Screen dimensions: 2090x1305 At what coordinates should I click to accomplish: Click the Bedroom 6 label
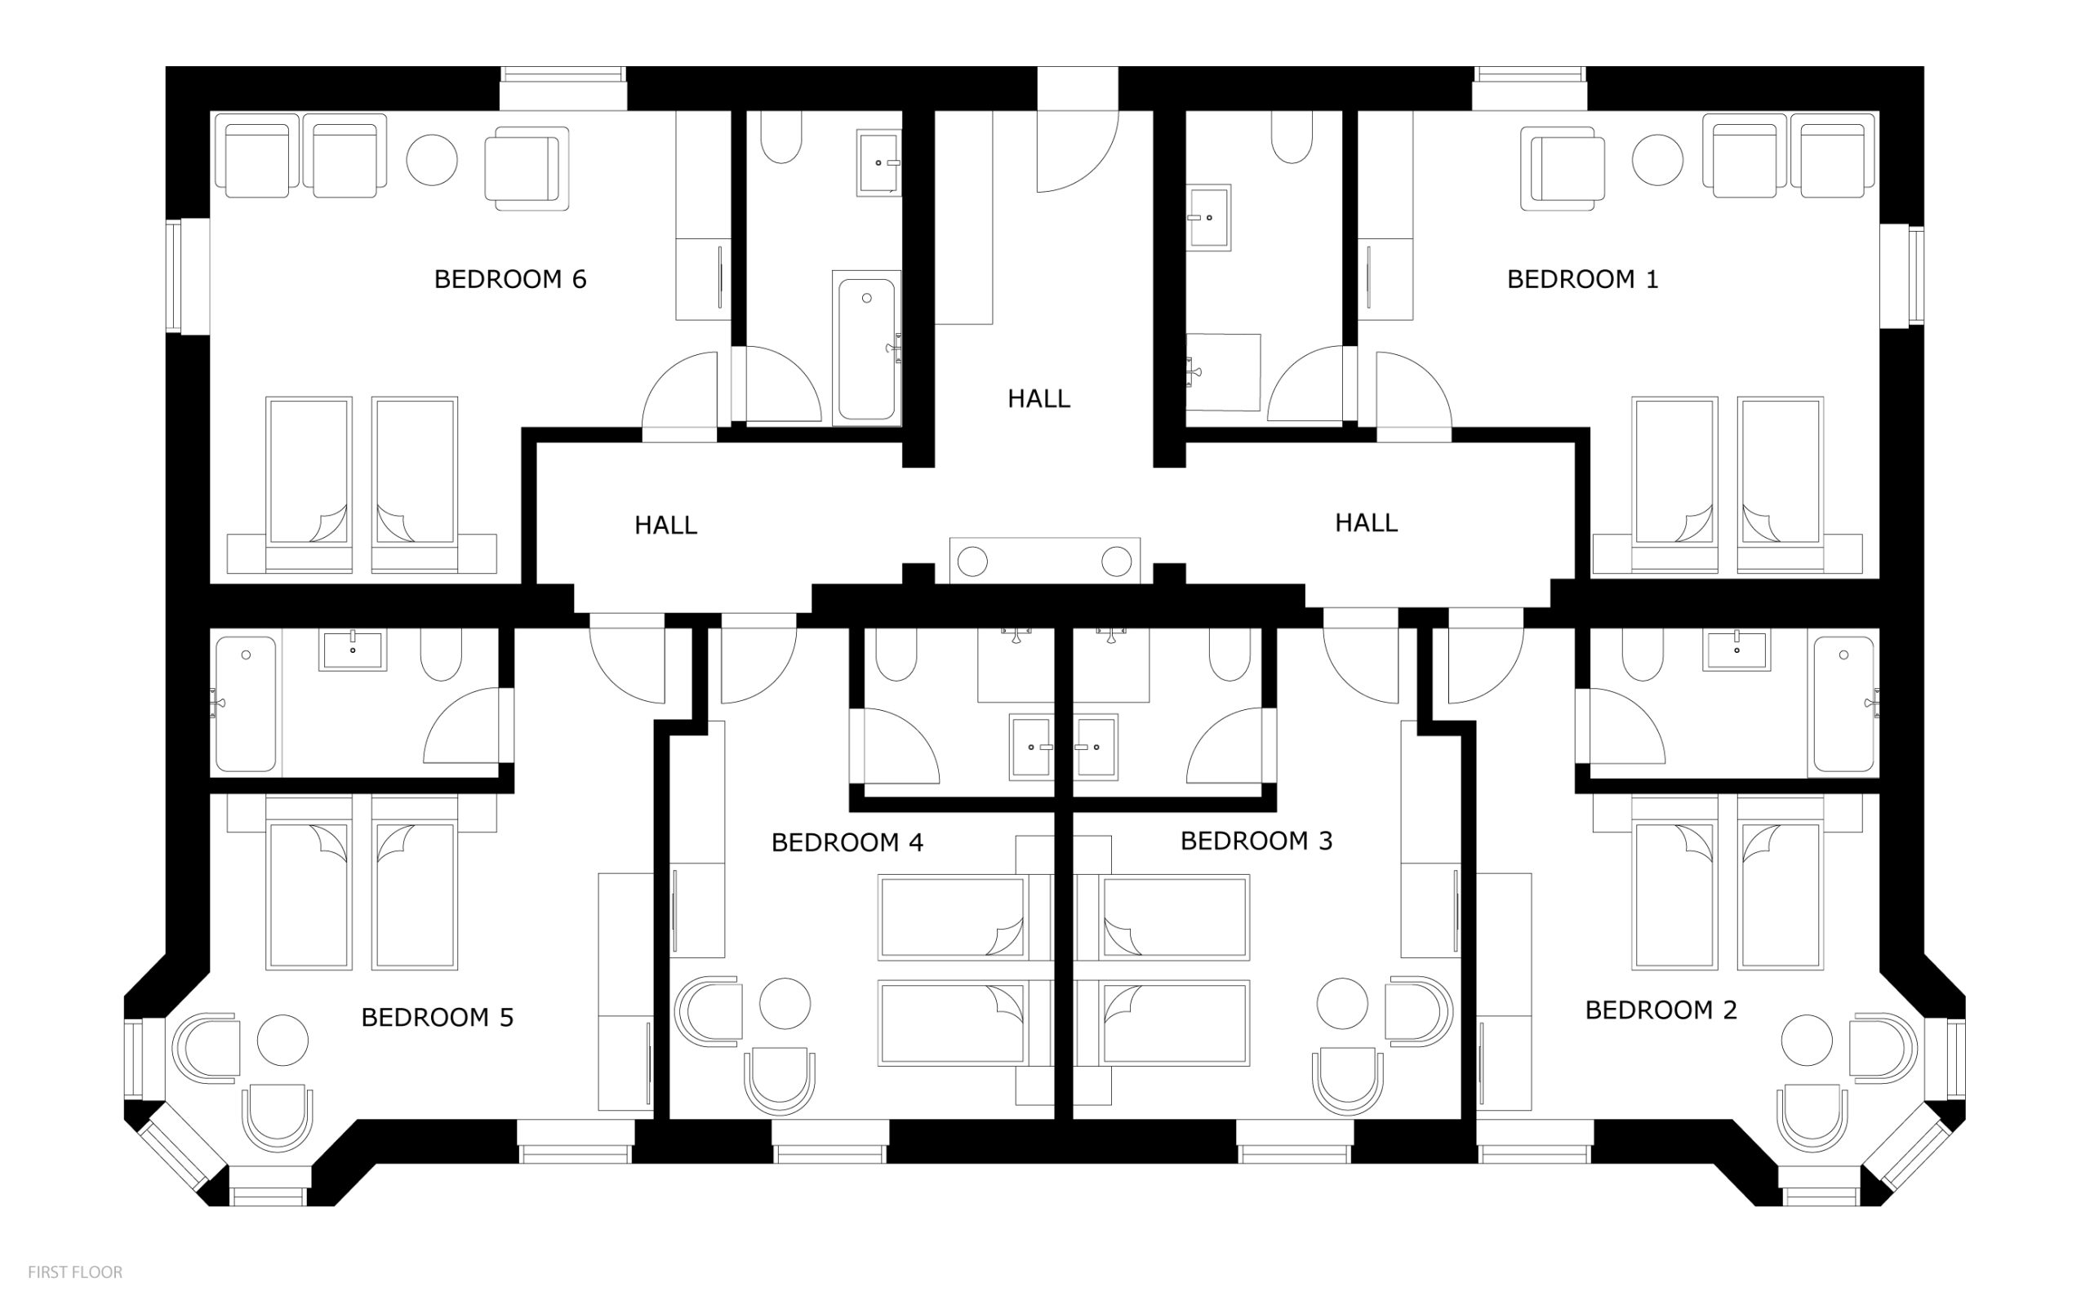point(509,280)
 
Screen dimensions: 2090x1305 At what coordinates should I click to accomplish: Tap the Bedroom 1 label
point(1582,280)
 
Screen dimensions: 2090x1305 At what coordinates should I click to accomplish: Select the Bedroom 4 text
point(847,842)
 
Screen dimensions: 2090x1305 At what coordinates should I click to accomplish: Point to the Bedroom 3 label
point(1256,841)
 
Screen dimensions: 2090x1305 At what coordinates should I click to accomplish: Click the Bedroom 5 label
point(437,1018)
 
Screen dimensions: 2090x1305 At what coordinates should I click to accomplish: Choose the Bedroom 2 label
point(1661,1010)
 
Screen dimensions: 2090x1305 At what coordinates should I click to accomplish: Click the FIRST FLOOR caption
point(75,1272)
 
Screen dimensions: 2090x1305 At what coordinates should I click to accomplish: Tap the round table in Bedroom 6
point(432,160)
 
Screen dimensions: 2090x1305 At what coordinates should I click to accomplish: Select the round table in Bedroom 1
point(1657,160)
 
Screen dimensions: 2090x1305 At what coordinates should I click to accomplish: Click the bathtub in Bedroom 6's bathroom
point(867,348)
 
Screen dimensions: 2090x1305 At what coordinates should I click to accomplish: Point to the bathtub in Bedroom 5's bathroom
point(246,704)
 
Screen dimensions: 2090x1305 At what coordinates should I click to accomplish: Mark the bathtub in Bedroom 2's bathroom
point(1843,704)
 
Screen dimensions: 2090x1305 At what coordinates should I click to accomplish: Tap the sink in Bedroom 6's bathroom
point(878,163)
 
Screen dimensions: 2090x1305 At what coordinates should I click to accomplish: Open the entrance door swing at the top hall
point(1078,151)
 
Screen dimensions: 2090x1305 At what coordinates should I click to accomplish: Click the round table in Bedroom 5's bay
point(282,1040)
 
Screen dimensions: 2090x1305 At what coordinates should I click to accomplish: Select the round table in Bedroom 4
point(785,1004)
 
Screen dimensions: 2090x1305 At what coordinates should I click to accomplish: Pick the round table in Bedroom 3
point(1342,1004)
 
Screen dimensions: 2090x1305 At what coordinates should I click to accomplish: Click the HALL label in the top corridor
point(1038,399)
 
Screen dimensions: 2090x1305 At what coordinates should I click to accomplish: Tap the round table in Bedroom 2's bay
point(1807,1040)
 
